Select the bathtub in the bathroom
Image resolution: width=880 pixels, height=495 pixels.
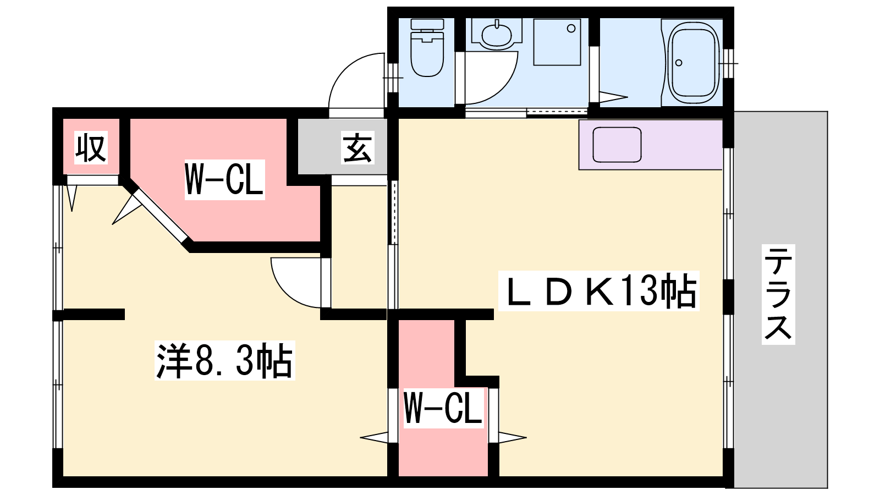(x=693, y=62)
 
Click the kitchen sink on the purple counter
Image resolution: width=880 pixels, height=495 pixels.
(x=617, y=145)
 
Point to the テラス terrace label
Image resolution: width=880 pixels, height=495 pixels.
(x=778, y=294)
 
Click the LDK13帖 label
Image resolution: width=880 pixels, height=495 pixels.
(x=598, y=291)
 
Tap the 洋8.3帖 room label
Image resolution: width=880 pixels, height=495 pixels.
(x=224, y=361)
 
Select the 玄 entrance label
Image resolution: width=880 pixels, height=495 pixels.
(x=358, y=147)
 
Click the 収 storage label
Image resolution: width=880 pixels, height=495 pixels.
(x=91, y=147)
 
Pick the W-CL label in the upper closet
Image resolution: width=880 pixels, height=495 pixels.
(x=224, y=179)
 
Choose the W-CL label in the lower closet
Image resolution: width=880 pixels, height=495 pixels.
(x=443, y=408)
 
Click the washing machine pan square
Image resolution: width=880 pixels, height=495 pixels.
(x=557, y=42)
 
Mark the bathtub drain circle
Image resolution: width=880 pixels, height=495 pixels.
(x=679, y=63)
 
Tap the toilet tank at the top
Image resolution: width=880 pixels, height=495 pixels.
(x=427, y=25)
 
